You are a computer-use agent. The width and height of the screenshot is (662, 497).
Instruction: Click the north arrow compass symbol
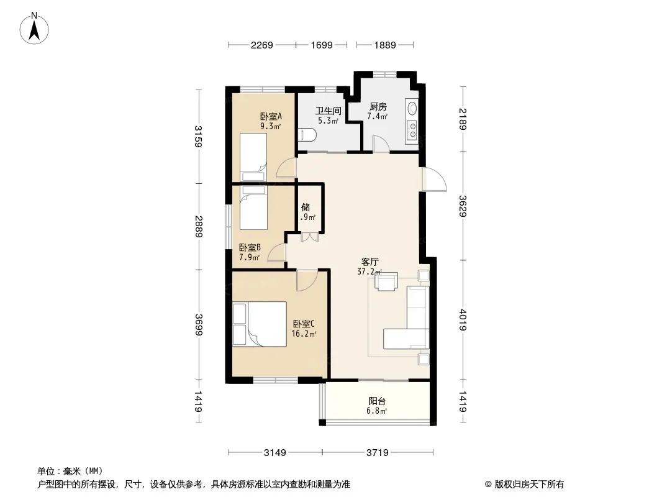tap(34, 29)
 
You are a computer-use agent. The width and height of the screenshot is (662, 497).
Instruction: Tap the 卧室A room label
tap(271, 116)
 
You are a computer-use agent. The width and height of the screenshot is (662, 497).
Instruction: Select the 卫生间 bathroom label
tap(328, 111)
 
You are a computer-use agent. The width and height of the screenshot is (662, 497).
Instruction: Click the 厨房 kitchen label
tap(378, 106)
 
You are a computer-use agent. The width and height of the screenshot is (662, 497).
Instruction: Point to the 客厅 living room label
tap(370, 262)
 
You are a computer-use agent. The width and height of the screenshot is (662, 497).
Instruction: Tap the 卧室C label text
tap(304, 324)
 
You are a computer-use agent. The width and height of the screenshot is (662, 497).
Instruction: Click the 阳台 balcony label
tap(376, 401)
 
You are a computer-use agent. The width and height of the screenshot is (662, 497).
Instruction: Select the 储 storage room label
tap(306, 207)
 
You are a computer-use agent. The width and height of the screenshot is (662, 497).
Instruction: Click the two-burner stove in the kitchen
tap(412, 130)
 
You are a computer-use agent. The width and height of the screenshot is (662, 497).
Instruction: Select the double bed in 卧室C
tap(260, 324)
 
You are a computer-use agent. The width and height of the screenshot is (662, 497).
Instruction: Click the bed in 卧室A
tap(253, 158)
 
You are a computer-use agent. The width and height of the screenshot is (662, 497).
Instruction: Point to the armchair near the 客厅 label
tap(386, 281)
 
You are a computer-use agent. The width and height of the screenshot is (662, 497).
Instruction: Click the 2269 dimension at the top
tap(262, 45)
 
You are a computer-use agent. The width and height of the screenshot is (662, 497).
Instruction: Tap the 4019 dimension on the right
tap(463, 320)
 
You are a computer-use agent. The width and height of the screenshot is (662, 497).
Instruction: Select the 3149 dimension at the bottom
tap(275, 453)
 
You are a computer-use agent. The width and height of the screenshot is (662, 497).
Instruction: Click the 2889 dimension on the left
tap(199, 227)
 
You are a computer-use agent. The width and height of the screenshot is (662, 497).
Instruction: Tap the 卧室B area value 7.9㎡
tap(250, 257)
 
